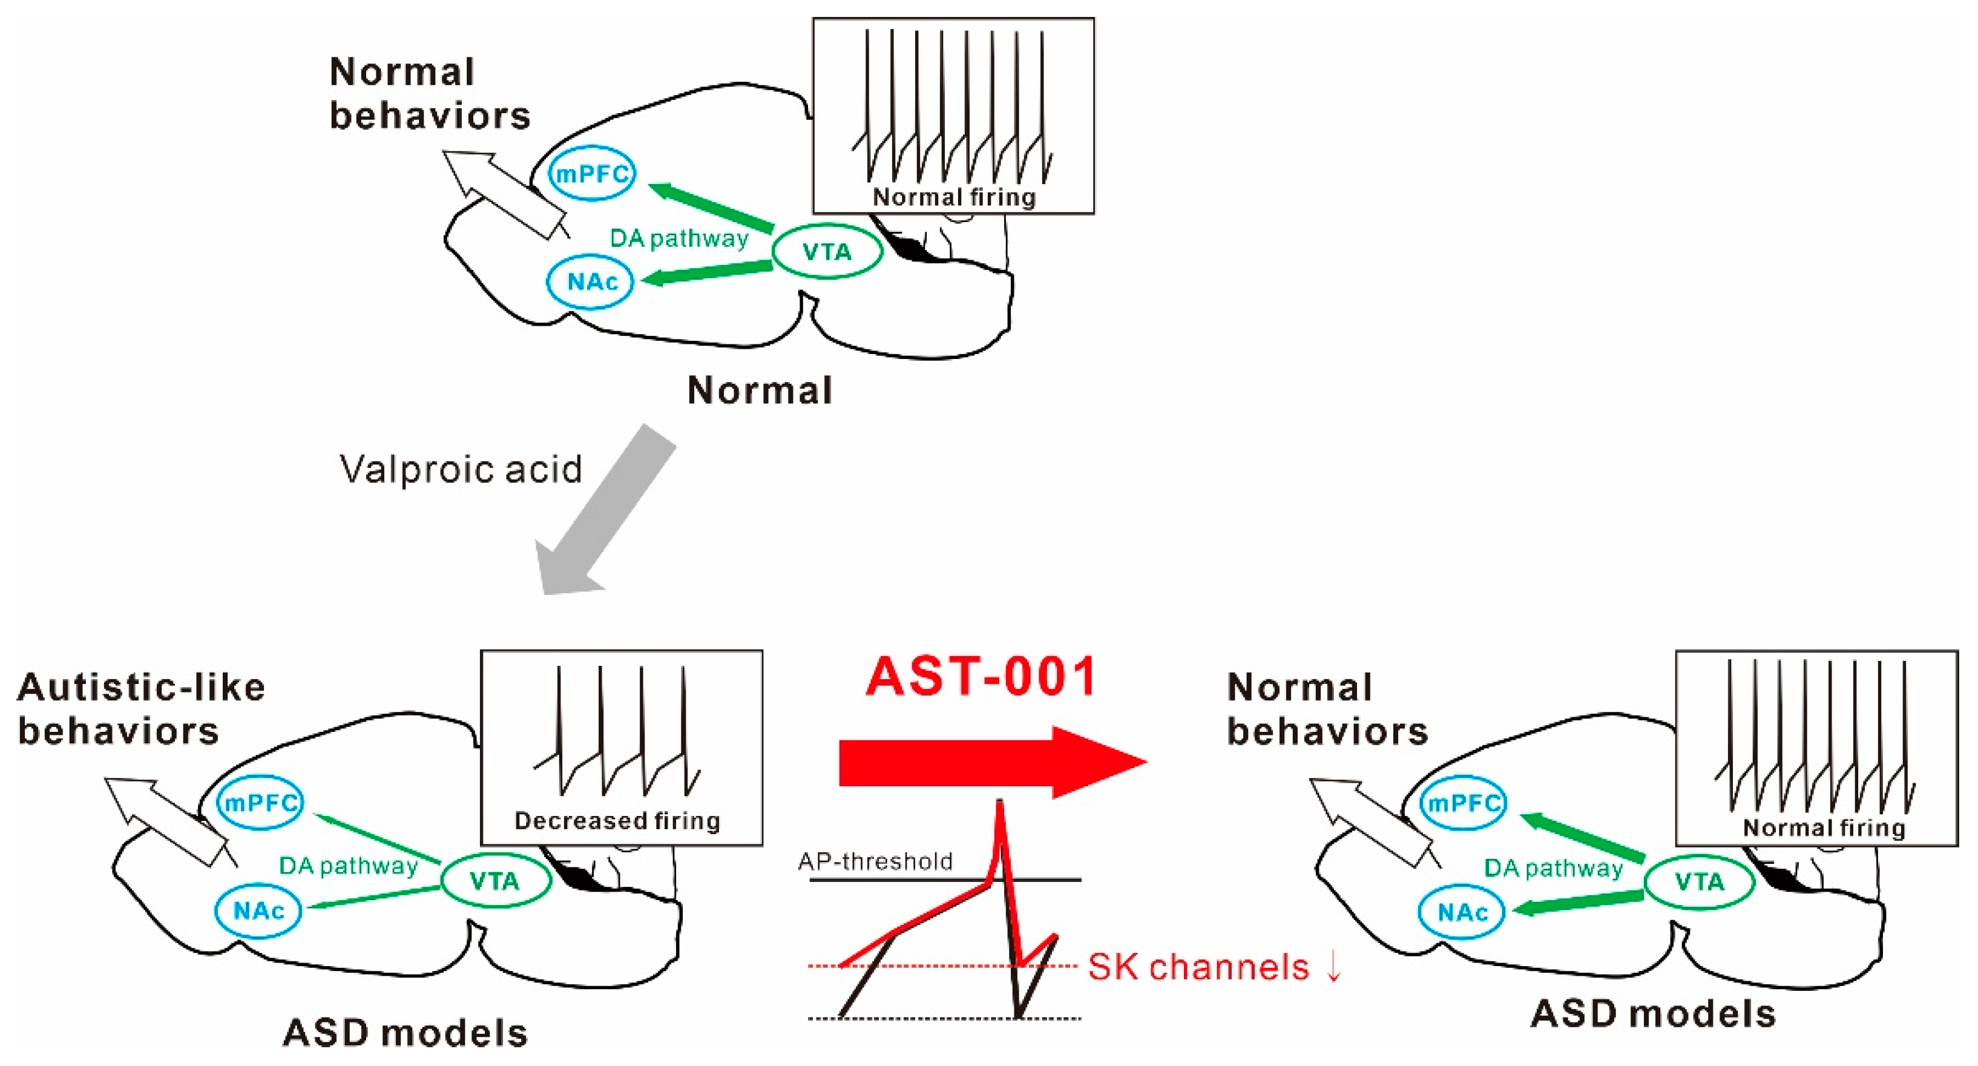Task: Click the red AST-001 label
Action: (x=981, y=677)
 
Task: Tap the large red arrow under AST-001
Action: (x=991, y=763)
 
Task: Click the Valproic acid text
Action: (x=461, y=469)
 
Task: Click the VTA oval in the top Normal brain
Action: (x=826, y=252)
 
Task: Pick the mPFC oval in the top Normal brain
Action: (x=592, y=174)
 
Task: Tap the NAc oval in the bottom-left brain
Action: (x=259, y=912)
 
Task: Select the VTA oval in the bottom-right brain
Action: (x=1699, y=882)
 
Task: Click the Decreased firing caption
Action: (x=617, y=821)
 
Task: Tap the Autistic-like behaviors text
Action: (x=140, y=709)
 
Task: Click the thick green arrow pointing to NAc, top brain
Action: (x=706, y=272)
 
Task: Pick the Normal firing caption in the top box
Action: (x=954, y=197)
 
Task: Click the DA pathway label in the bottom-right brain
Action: (x=1552, y=869)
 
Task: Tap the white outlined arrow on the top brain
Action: (x=502, y=192)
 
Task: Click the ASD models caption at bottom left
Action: (x=406, y=1033)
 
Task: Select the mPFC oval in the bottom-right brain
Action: (x=1464, y=803)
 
